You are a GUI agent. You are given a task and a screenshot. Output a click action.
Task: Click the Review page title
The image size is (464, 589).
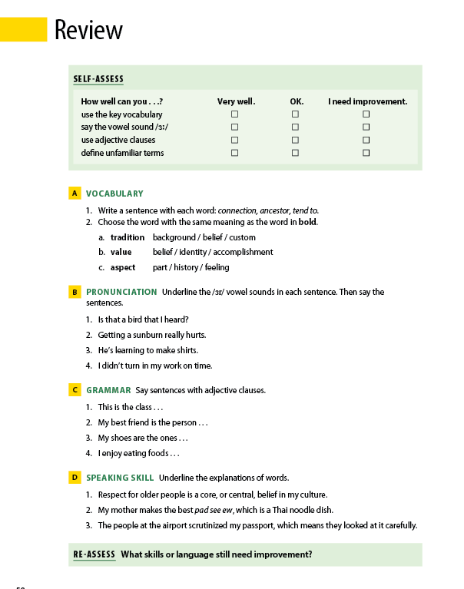[x=88, y=29]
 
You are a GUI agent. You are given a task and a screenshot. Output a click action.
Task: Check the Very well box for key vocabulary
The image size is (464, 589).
[x=234, y=114]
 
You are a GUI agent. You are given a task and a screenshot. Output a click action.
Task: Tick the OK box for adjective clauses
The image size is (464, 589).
[x=295, y=140]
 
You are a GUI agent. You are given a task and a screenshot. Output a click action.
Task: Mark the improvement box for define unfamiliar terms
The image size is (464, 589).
[x=366, y=153]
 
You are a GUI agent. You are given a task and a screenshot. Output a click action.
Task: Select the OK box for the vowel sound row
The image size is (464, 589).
[x=295, y=127]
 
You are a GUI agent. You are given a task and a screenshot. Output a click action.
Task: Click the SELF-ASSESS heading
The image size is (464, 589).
[x=98, y=79]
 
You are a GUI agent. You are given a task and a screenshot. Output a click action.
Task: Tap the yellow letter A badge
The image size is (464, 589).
[x=75, y=194]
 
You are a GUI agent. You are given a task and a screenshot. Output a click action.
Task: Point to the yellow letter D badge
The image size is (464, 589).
[x=75, y=478]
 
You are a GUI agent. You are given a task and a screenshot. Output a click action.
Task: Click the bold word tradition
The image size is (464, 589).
[x=128, y=237]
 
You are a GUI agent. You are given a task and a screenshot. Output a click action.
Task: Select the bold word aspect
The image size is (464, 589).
[x=123, y=267]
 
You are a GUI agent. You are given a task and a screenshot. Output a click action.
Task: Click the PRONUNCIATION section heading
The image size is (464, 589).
[x=121, y=292]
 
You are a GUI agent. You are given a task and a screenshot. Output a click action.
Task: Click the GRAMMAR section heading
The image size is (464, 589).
[x=108, y=390]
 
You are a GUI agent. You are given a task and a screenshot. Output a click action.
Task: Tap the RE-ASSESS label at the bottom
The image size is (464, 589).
[x=94, y=554]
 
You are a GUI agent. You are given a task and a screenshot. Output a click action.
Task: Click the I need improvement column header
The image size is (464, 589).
[x=367, y=101]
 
